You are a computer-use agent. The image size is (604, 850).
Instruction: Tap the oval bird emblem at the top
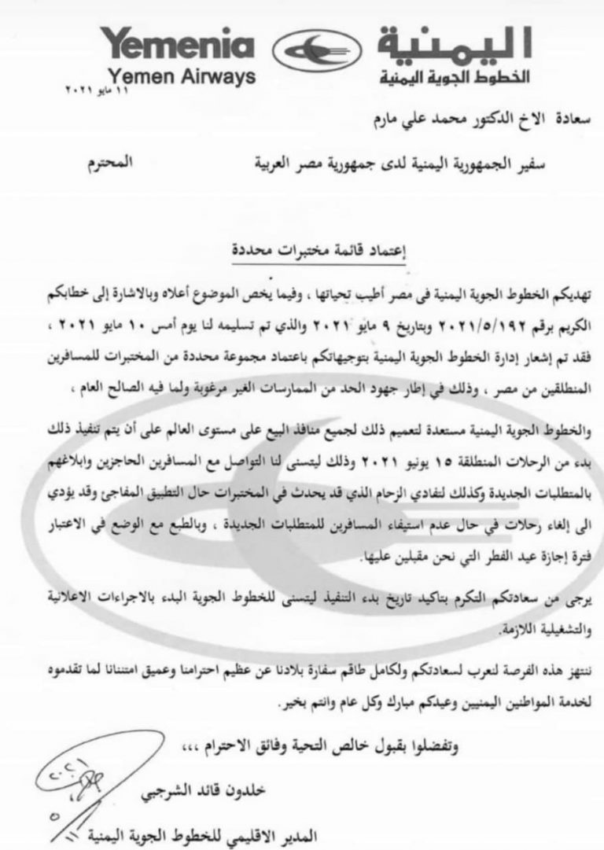click(x=312, y=53)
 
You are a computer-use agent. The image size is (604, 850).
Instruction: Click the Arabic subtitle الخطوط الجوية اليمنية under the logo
click(x=455, y=79)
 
